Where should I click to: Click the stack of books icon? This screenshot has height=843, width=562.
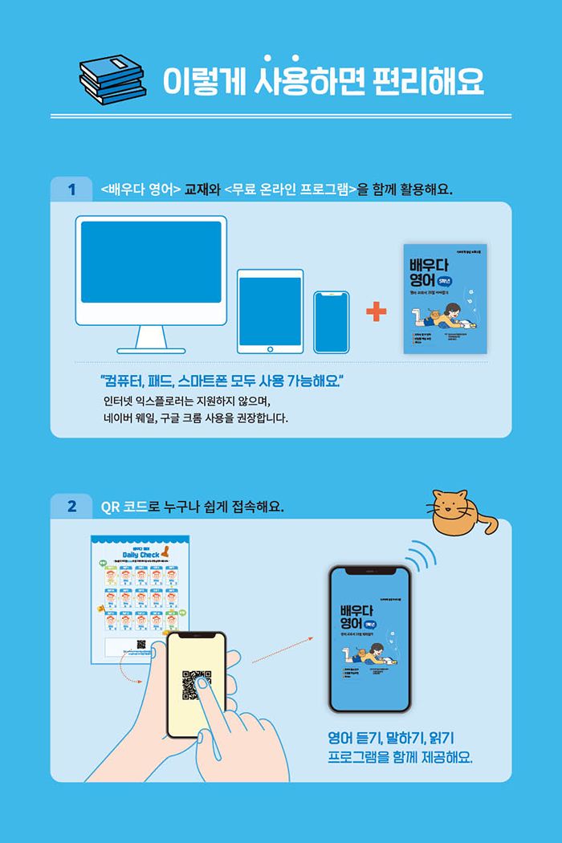pos(113,79)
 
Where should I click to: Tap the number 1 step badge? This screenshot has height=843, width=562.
pos(72,189)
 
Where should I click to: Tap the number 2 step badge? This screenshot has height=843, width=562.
pos(72,507)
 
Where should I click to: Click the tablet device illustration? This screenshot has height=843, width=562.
pos(270,312)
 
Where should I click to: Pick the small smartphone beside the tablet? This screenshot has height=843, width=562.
pos(331,322)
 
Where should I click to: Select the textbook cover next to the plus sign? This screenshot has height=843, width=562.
pos(445,298)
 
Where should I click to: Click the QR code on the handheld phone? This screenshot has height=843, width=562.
pos(197,683)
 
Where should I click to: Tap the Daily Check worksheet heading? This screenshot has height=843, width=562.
pos(140,554)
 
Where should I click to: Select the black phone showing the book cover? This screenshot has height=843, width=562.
pos(369,639)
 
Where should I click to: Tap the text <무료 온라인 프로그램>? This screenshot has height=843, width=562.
pos(291,190)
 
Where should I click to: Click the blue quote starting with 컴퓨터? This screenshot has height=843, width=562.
pos(222,379)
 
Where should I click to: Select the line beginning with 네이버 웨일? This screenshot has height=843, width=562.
pos(195,418)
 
